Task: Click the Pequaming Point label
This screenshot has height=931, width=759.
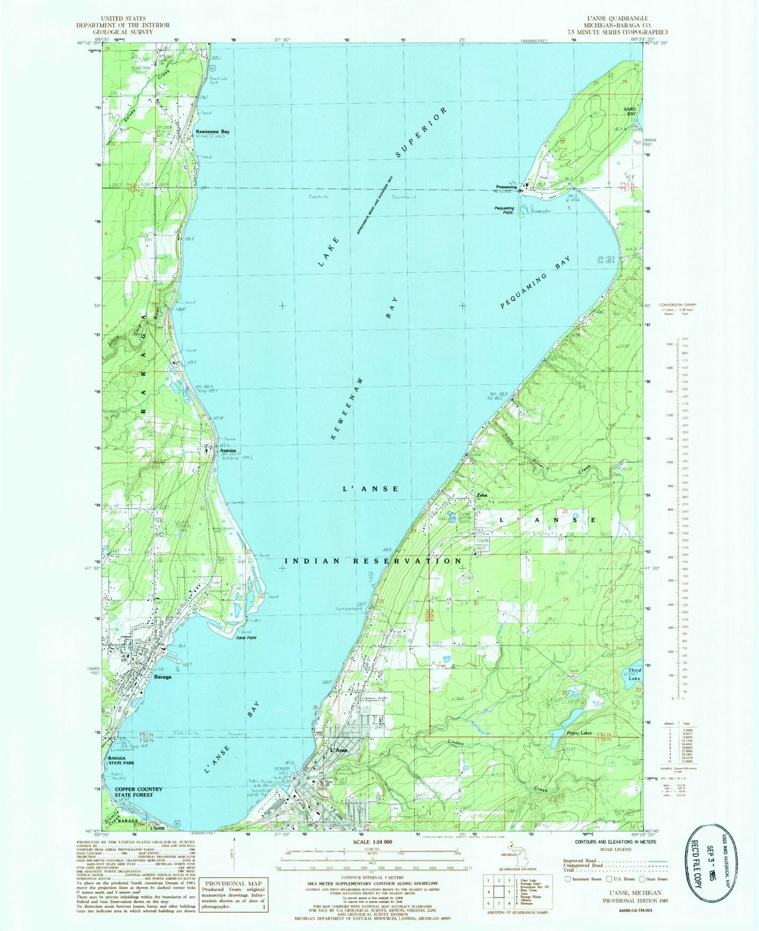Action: (x=504, y=209)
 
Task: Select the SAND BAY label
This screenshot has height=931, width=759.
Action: (x=630, y=111)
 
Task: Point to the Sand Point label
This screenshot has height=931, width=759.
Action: (x=246, y=637)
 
